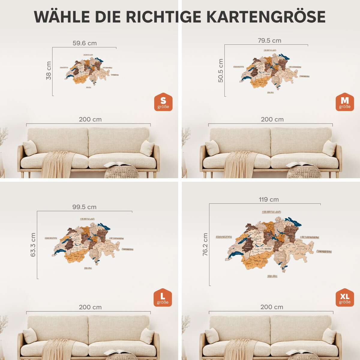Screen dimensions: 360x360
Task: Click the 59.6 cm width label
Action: coord(85,43)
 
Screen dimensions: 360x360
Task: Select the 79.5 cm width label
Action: coord(269,40)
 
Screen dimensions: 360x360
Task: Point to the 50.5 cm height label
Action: coord(221,70)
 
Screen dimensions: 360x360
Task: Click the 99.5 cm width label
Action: coord(84,207)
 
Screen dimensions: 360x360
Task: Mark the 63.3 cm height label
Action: coord(33,244)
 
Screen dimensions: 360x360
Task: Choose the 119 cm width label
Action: coord(269,199)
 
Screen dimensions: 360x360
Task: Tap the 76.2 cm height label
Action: coord(205,244)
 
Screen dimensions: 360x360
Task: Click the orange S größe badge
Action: coord(163,102)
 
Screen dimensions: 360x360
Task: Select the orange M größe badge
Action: coord(345,102)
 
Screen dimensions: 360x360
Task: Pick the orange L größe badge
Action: coord(163,298)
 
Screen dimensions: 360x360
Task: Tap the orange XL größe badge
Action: coord(345,298)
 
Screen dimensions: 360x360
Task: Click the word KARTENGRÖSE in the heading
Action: coord(266,17)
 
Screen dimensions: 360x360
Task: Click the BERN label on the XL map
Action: coord(268,249)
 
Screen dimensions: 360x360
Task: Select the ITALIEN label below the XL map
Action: coord(272,276)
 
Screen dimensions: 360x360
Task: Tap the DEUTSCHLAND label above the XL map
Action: coord(271,212)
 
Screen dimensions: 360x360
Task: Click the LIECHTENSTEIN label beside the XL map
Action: coord(309,237)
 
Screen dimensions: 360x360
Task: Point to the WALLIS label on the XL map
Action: coord(257,261)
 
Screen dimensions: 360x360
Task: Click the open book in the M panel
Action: coord(299,164)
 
